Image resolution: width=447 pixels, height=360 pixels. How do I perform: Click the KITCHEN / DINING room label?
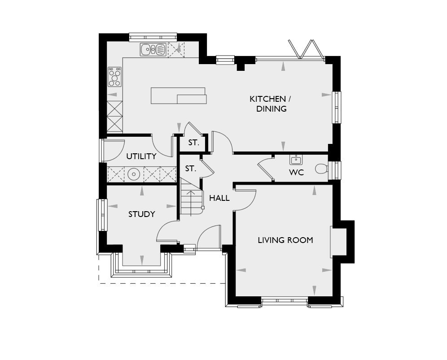pyautogui.click(x=270, y=104)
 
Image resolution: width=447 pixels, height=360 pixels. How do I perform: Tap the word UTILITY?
pyautogui.click(x=141, y=156)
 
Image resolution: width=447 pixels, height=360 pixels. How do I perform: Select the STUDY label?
pyautogui.click(x=142, y=214)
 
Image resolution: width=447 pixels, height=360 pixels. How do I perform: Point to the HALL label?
pyautogui.click(x=219, y=198)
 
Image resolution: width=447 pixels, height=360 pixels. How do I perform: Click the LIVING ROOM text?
pyautogui.click(x=285, y=240)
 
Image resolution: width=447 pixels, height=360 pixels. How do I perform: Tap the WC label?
pyautogui.click(x=297, y=173)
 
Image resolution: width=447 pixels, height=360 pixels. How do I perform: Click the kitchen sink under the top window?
pyautogui.click(x=153, y=49)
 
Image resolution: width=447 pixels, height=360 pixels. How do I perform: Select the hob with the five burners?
pyautogui.click(x=114, y=77)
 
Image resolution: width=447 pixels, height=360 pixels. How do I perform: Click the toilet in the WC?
pyautogui.click(x=322, y=168)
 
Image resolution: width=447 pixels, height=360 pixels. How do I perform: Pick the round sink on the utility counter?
pyautogui.click(x=133, y=174)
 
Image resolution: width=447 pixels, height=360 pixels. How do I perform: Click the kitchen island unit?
pyautogui.click(x=179, y=95)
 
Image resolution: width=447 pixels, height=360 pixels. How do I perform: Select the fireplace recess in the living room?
pyautogui.click(x=338, y=242)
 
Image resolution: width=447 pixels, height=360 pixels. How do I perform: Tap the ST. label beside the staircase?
pyautogui.click(x=191, y=169)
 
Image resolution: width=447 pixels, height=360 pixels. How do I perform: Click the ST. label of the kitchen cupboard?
pyautogui.click(x=193, y=143)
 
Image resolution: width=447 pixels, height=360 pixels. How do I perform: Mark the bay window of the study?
pyautogui.click(x=142, y=265)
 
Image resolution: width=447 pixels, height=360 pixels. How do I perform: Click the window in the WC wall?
pyautogui.click(x=335, y=170)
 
